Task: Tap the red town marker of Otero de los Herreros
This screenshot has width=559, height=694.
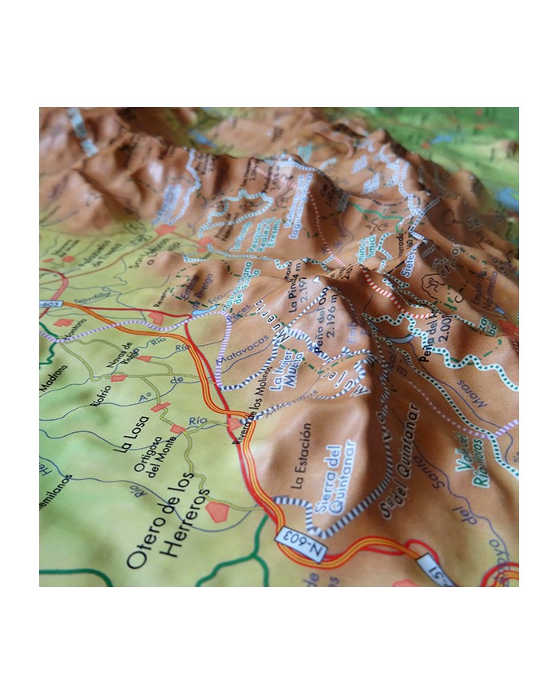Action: coord(217,511)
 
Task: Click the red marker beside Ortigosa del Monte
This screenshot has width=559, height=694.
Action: coord(178,429)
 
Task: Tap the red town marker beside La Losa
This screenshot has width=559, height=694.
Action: coord(160,407)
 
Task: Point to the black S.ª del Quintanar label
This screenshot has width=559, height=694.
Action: coord(399,463)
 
